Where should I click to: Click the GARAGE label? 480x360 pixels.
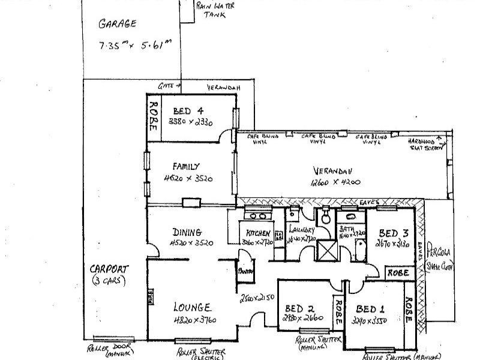[x=118, y=25]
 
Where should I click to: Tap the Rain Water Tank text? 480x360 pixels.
[x=215, y=10]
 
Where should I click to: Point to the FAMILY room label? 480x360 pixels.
[x=186, y=166]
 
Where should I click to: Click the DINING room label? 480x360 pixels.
[x=186, y=232]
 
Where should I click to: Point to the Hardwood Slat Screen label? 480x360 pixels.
[x=423, y=143]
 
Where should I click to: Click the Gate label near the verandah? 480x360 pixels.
[x=166, y=86]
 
